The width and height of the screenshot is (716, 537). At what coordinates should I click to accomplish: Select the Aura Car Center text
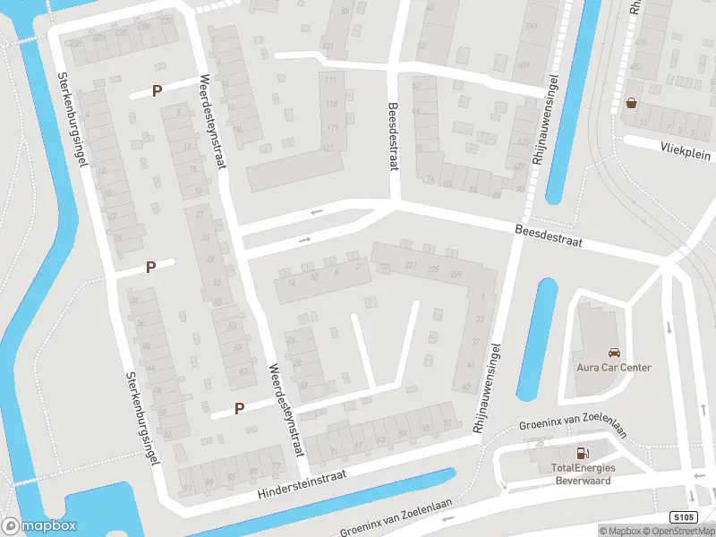[613, 368]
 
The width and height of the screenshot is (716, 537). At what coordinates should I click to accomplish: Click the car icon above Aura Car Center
[613, 353]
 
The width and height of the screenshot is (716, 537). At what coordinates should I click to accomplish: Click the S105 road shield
[683, 517]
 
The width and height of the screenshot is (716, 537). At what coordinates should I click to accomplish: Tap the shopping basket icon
[633, 103]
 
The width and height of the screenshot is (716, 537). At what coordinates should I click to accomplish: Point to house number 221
[411, 267]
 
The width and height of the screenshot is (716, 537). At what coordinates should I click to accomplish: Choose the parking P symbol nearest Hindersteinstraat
[239, 408]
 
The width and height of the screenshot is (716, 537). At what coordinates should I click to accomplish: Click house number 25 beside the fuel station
[539, 444]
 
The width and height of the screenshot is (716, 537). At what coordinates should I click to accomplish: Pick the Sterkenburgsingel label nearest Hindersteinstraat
[142, 418]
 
